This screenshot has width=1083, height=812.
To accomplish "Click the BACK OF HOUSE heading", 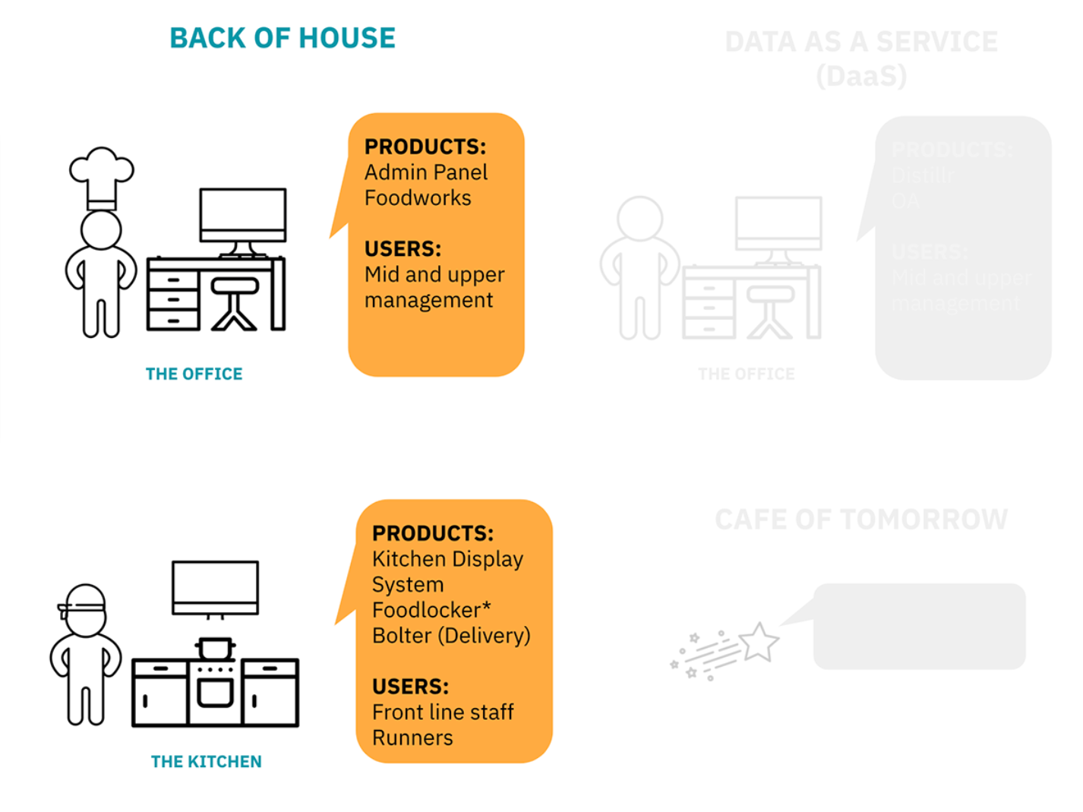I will point(283,38).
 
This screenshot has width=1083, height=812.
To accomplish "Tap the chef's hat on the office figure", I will point(101,175).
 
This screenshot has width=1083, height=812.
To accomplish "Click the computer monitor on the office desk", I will point(243,215).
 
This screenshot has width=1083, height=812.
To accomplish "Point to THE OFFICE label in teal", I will point(194,374).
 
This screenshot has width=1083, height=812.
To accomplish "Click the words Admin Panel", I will point(426,172).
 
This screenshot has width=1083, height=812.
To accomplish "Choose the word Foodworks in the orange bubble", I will point(418,198).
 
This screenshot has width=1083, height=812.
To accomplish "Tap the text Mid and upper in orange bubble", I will point(434,274).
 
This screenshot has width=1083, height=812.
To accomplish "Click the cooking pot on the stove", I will point(215,648).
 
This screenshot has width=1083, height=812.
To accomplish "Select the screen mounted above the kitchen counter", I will point(216,587).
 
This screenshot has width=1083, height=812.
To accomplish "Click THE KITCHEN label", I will point(207,761).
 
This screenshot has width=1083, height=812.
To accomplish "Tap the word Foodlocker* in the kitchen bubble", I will point(431,610).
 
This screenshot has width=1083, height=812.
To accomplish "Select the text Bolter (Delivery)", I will point(451,636).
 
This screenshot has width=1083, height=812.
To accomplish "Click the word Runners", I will point(412,738).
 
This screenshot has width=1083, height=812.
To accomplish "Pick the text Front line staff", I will point(443,712).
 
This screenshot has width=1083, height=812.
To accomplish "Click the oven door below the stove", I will point(215,692).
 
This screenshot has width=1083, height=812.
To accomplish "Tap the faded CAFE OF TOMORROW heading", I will point(861,520).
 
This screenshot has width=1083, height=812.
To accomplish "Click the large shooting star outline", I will point(759,642).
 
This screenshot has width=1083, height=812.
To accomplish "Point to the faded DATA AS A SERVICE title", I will point(861,43).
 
